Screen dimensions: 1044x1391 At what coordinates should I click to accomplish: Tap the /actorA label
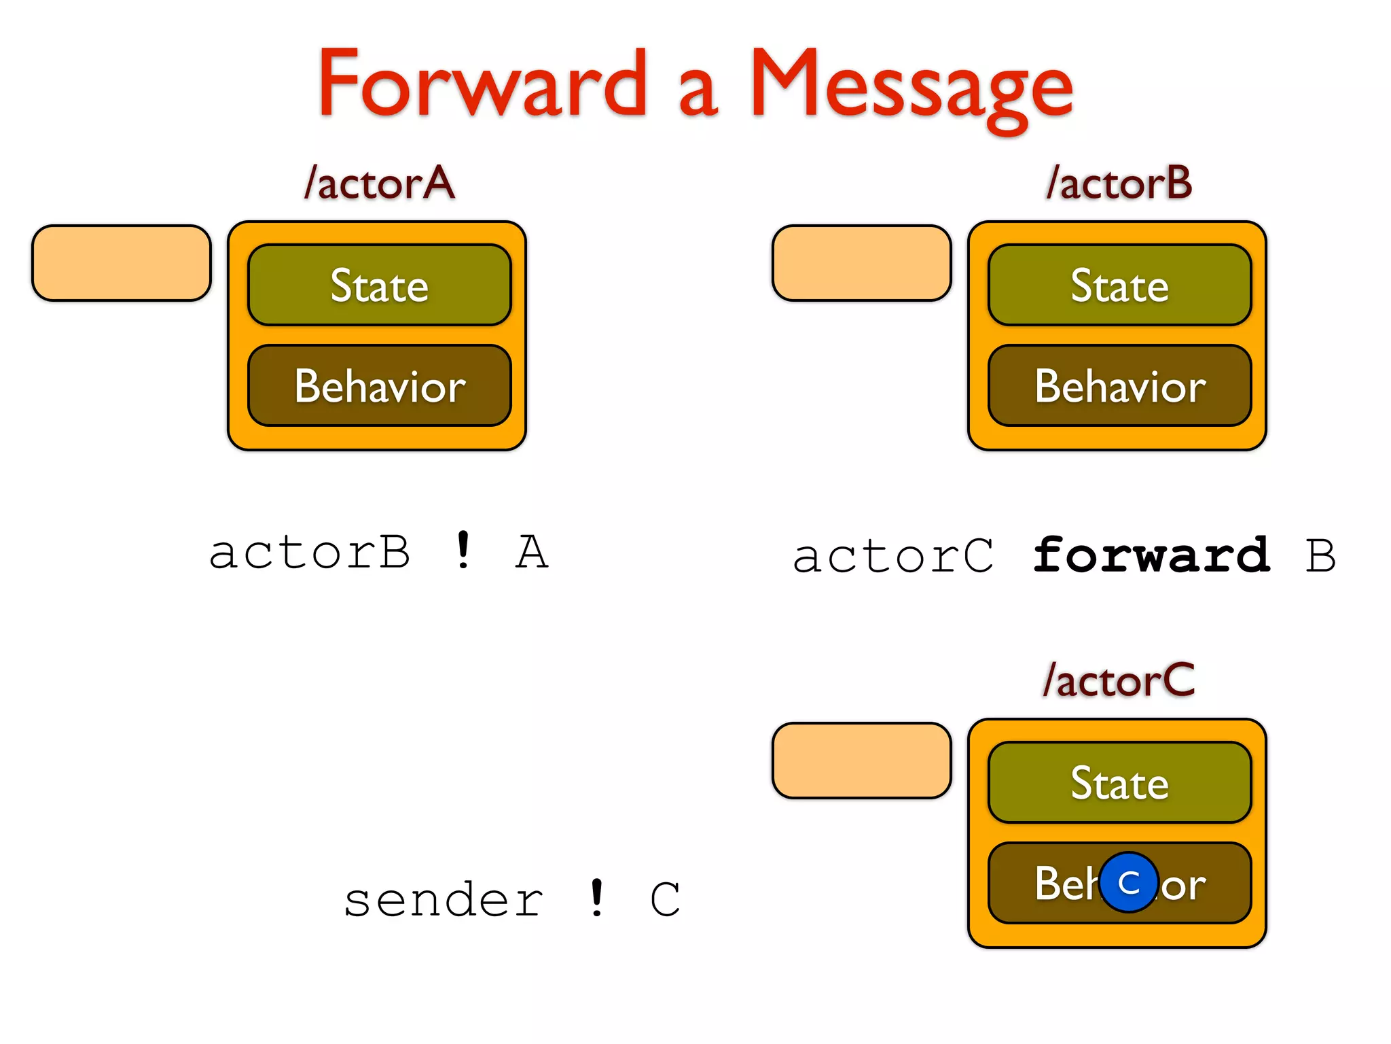(379, 184)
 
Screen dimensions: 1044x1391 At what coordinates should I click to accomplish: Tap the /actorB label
(1119, 184)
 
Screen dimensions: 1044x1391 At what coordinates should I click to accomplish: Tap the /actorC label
(1119, 680)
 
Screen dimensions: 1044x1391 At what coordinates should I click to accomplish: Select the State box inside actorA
(379, 285)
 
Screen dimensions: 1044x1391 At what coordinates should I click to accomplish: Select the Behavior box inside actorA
(379, 386)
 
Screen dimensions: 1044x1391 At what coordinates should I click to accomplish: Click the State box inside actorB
(1119, 285)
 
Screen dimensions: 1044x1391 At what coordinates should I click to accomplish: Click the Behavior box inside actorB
(1119, 386)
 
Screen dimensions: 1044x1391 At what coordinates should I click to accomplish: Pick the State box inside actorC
(1119, 782)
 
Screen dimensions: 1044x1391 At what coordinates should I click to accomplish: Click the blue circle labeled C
(1128, 882)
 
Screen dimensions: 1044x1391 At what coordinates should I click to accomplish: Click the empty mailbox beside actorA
(122, 263)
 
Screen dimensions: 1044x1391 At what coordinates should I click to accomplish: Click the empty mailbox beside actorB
(861, 263)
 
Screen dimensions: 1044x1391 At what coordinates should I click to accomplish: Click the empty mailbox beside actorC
(861, 761)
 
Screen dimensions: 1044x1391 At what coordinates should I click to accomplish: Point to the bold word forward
(1151, 555)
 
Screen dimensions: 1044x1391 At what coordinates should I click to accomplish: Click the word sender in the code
(444, 901)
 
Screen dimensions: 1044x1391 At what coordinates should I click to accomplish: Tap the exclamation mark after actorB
(463, 551)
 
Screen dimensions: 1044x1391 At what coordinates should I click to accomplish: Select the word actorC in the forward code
(893, 557)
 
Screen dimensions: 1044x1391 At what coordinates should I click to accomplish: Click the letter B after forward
(1320, 556)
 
